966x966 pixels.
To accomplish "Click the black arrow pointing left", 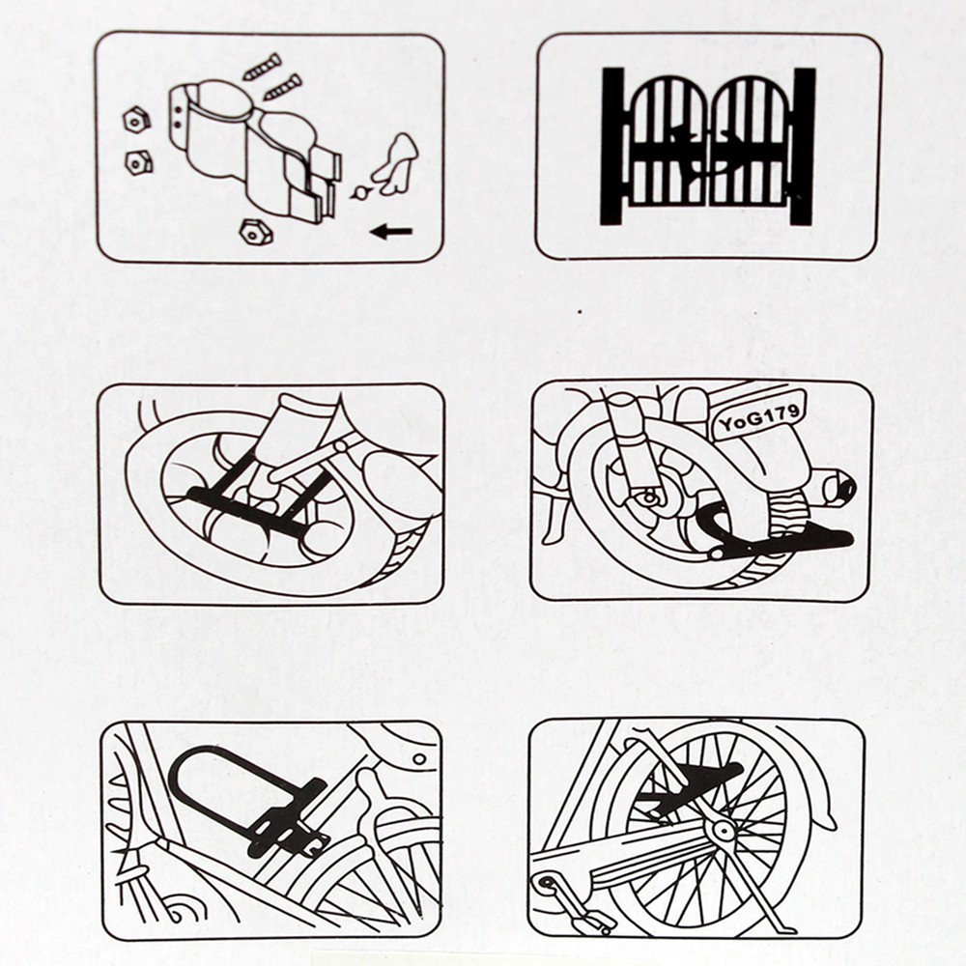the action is [x=391, y=232].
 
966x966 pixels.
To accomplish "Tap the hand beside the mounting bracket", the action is [x=397, y=161].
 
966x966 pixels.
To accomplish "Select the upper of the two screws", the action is [x=263, y=68].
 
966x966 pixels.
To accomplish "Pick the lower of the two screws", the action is [x=283, y=87].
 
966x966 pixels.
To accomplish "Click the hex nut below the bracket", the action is [x=256, y=232].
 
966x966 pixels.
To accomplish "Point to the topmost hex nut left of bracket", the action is [x=136, y=120].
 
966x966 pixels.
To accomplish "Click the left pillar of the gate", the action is [x=612, y=146].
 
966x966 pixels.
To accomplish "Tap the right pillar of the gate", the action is [x=804, y=146].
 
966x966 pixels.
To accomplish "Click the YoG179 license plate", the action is [x=760, y=415].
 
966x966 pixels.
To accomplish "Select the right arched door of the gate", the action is [x=750, y=142].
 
